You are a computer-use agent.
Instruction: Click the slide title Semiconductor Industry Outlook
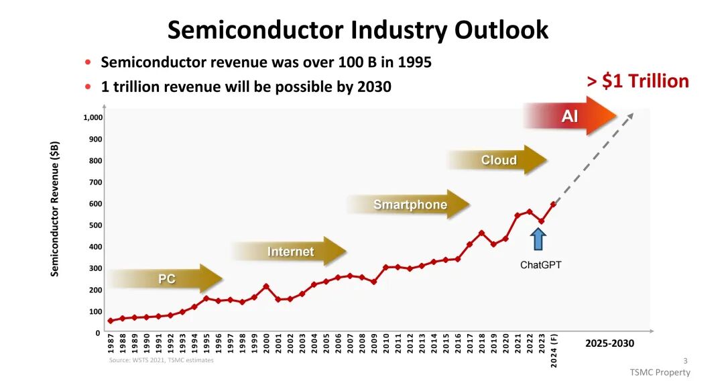(x=357, y=30)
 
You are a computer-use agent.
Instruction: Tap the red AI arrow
(x=570, y=116)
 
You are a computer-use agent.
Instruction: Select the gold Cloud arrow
(x=498, y=160)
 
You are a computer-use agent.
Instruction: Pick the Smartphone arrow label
(x=410, y=205)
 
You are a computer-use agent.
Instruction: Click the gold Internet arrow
(x=290, y=252)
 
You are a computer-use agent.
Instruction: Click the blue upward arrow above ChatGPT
(x=538, y=239)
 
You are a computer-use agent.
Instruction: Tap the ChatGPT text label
(x=540, y=265)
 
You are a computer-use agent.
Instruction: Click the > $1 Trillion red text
(x=638, y=81)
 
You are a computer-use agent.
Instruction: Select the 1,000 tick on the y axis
(x=93, y=118)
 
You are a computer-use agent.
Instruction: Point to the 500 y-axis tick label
(x=96, y=225)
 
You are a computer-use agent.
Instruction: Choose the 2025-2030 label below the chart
(x=609, y=343)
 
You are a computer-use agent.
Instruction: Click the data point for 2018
(x=481, y=233)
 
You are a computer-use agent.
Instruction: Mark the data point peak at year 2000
(x=266, y=286)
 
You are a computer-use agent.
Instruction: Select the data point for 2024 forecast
(x=554, y=204)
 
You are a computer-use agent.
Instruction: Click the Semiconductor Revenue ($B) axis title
(x=56, y=209)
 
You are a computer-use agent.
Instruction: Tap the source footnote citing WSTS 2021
(x=161, y=360)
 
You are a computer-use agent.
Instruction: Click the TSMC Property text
(x=660, y=372)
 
